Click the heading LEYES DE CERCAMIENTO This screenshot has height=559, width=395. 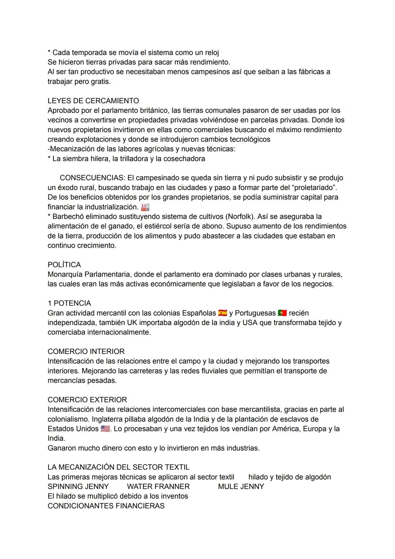(x=93, y=101)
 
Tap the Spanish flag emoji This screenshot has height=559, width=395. (x=222, y=313)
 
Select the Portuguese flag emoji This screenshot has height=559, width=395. (x=282, y=313)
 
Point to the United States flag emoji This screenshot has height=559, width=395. (x=105, y=429)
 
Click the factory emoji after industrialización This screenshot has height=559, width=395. (x=145, y=207)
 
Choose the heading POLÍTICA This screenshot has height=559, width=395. (x=64, y=265)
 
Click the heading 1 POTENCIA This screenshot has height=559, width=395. (x=69, y=303)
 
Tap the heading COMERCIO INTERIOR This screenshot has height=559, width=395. (x=86, y=351)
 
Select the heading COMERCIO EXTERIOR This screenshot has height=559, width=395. (x=87, y=400)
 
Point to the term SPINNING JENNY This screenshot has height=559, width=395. (x=78, y=487)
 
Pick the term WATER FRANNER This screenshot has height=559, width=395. (x=158, y=487)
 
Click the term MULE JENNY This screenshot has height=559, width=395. (x=241, y=487)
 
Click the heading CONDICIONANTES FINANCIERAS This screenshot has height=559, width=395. (x=106, y=506)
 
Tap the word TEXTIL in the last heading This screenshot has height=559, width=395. (x=177, y=467)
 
